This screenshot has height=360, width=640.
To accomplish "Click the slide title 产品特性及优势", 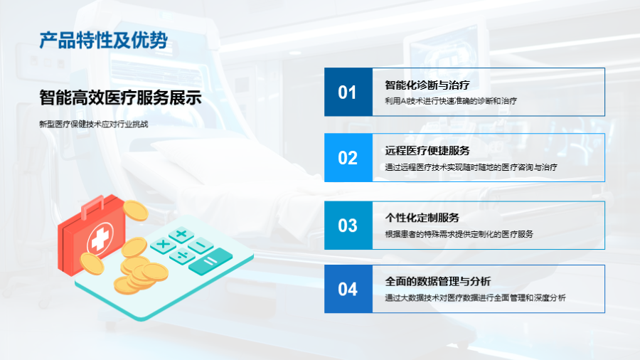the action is pyautogui.click(x=103, y=41).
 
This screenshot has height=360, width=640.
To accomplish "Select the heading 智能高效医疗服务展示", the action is pyautogui.click(x=120, y=97).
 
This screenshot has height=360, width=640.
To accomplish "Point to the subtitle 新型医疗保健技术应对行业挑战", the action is pyautogui.click(x=93, y=124).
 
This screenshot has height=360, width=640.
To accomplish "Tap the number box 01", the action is pyautogui.click(x=348, y=92).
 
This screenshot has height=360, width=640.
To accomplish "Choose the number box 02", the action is pyautogui.click(x=348, y=157).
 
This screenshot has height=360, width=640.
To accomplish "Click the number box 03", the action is pyautogui.click(x=348, y=226).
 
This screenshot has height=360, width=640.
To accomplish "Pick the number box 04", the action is pyautogui.click(x=348, y=289).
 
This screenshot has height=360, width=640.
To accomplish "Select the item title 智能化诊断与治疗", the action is pyautogui.click(x=427, y=85).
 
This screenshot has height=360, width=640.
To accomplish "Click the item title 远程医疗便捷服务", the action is pyautogui.click(x=427, y=151).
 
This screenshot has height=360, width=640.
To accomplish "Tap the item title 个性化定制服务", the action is pyautogui.click(x=422, y=218).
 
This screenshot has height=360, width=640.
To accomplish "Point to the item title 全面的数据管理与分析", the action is pyautogui.click(x=438, y=281).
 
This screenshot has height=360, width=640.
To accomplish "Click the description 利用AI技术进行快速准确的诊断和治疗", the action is pyautogui.click(x=451, y=101).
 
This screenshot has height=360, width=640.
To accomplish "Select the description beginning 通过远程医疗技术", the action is pyautogui.click(x=471, y=167).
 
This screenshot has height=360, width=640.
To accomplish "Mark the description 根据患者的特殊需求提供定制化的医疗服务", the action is pyautogui.click(x=459, y=234).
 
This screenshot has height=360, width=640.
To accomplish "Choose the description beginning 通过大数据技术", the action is pyautogui.click(x=475, y=297).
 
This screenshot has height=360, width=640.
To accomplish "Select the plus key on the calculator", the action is pyautogui.click(x=181, y=234).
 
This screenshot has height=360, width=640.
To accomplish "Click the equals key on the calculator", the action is pyautogui.click(x=210, y=261).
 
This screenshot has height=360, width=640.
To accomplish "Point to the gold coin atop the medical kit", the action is pyautogui.click(x=136, y=210).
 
